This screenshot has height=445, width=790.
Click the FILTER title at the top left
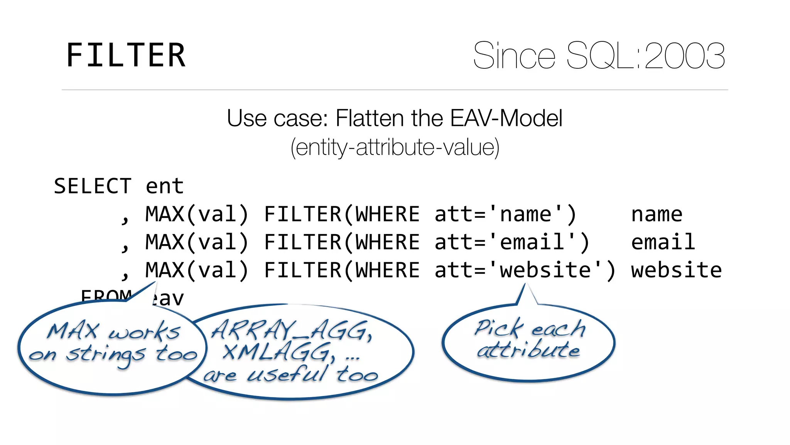click(126, 56)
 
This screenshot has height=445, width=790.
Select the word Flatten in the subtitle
click(370, 118)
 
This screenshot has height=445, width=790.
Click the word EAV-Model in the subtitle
click(506, 118)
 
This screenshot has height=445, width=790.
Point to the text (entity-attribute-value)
click(395, 148)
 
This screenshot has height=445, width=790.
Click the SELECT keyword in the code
click(93, 187)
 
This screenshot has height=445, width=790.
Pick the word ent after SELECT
click(165, 187)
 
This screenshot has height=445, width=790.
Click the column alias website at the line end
click(676, 270)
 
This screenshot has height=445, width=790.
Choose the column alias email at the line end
click(663, 242)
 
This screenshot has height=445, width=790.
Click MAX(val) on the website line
click(197, 270)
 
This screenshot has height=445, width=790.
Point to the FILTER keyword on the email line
click(303, 242)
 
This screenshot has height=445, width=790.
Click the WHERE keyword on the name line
click(387, 214)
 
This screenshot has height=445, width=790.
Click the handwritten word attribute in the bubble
click(528, 350)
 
